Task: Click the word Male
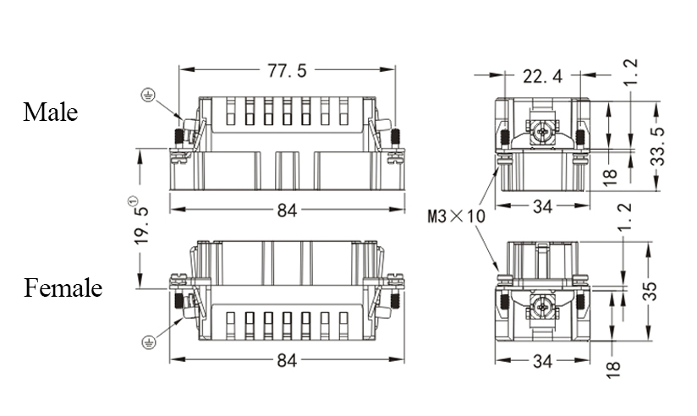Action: pyautogui.click(x=51, y=112)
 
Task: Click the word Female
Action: pyautogui.click(x=63, y=288)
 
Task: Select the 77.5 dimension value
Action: pyautogui.click(x=287, y=71)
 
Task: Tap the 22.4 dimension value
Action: pyautogui.click(x=542, y=77)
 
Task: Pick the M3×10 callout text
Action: pyautogui.click(x=456, y=216)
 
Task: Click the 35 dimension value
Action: pyautogui.click(x=650, y=291)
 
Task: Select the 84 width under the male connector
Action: pyautogui.click(x=287, y=210)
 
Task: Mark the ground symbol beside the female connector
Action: pyautogui.click(x=148, y=342)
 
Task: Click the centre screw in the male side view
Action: pyautogui.click(x=541, y=130)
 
